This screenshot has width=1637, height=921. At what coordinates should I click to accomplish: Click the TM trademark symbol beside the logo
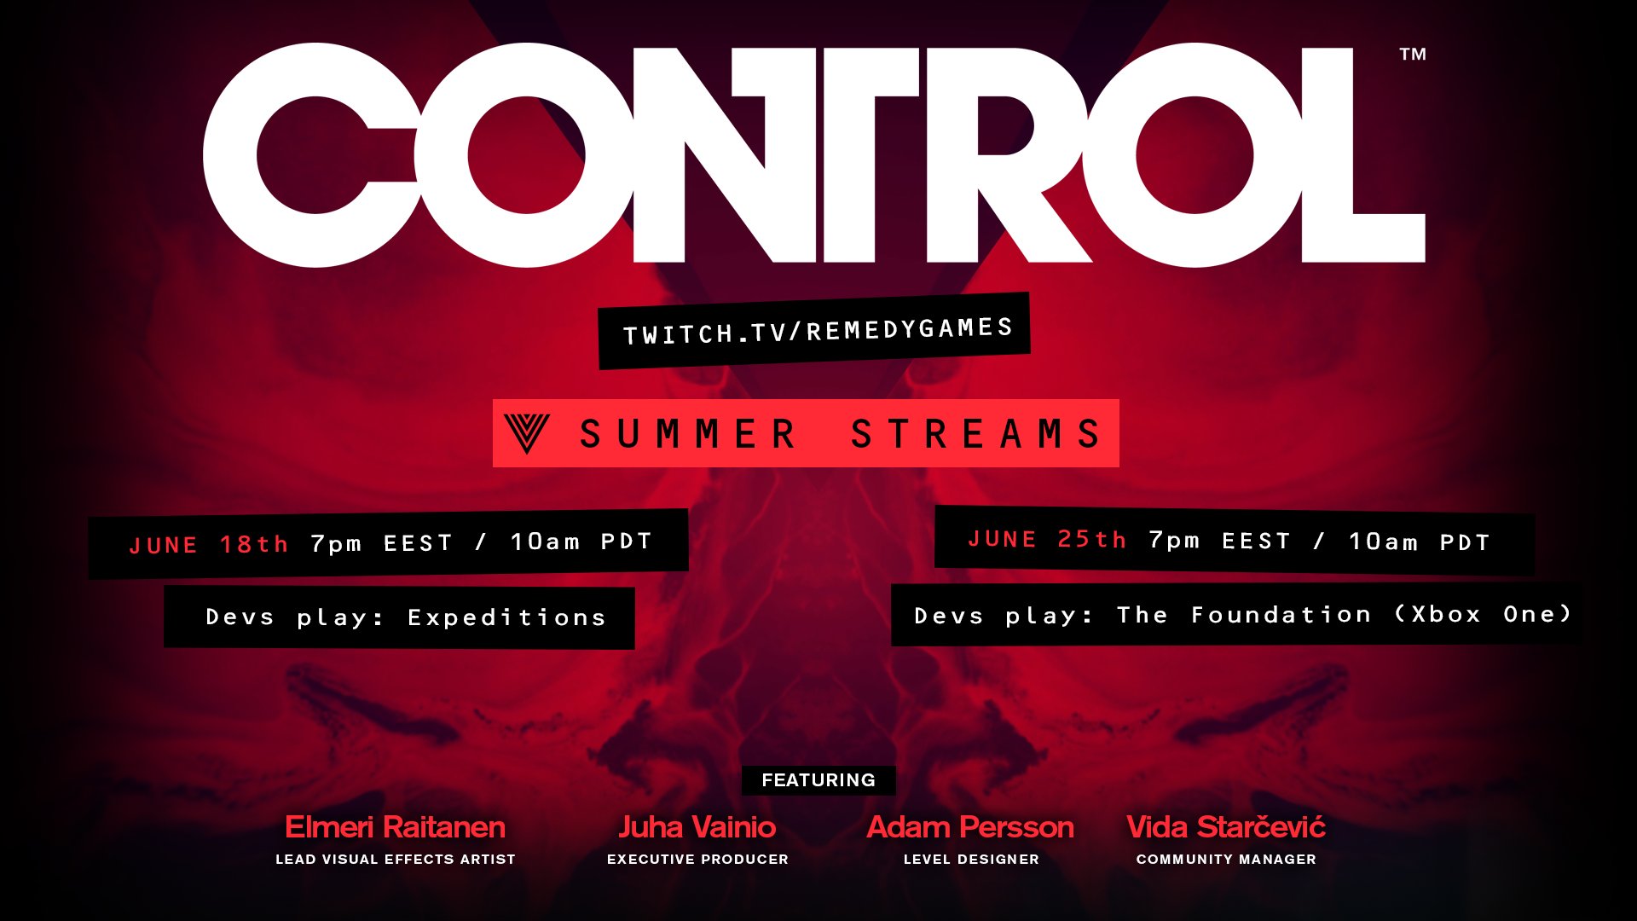coord(1413,55)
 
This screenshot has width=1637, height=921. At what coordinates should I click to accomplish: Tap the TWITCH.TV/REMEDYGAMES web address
coord(818,331)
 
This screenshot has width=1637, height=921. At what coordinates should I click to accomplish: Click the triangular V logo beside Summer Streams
coord(527,433)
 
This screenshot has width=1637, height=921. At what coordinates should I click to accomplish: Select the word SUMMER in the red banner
coord(687,433)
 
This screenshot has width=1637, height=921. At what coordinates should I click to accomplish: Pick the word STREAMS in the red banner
coord(976,433)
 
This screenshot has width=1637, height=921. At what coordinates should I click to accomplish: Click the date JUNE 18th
coord(209,545)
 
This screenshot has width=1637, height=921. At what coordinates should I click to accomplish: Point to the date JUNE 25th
coord(1047,540)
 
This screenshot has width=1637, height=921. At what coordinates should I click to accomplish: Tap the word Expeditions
coord(506,617)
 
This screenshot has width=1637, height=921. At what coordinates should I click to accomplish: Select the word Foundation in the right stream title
coord(1281,615)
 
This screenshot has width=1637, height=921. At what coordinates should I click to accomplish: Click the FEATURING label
coord(818,780)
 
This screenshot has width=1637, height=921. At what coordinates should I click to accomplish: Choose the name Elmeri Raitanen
coord(395,827)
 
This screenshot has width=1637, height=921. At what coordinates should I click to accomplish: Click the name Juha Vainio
coord(697,827)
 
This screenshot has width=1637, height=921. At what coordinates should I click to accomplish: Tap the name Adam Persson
coord(970,827)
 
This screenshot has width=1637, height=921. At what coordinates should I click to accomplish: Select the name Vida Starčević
coord(1226,826)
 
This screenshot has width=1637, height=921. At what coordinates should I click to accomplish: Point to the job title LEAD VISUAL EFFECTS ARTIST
coord(396,860)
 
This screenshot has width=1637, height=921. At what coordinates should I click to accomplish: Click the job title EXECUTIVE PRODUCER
coord(697,860)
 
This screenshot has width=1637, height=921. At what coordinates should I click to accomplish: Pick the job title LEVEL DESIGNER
coord(971,860)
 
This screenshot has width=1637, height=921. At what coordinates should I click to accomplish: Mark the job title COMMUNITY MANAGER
coord(1226,860)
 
